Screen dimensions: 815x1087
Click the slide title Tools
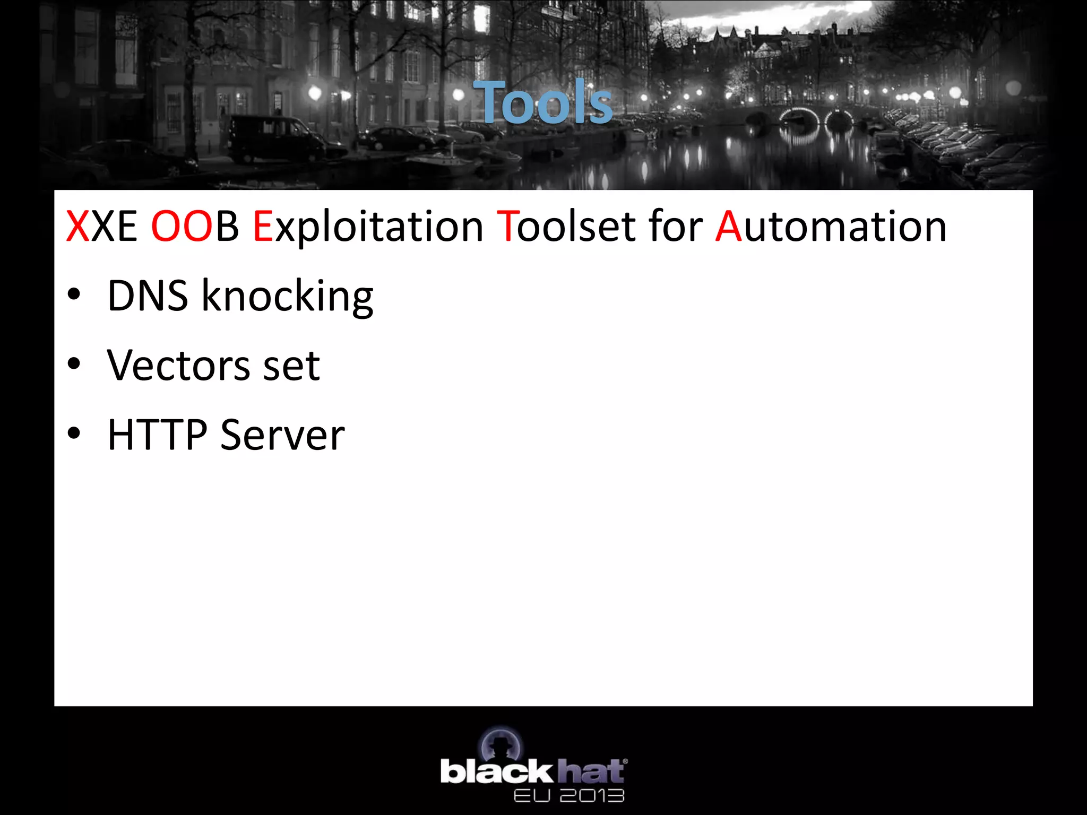coord(542,102)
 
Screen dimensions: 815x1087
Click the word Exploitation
coord(368,227)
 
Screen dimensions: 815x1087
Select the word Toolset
coord(566,227)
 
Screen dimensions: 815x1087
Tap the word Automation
coord(831,227)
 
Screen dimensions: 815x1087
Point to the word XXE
coord(101,227)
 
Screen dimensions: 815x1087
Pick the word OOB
coord(195,227)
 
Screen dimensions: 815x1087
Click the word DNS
coord(148,296)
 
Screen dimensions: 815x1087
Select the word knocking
coord(287,297)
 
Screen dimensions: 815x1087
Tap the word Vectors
coord(178,366)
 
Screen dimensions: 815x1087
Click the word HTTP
coord(157,435)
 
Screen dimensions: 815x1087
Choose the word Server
coord(282,435)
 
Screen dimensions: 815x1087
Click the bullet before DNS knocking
coord(74,294)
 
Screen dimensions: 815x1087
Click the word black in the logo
coord(496,771)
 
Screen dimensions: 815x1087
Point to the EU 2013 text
coord(568,795)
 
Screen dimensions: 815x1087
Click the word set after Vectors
coord(291,366)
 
